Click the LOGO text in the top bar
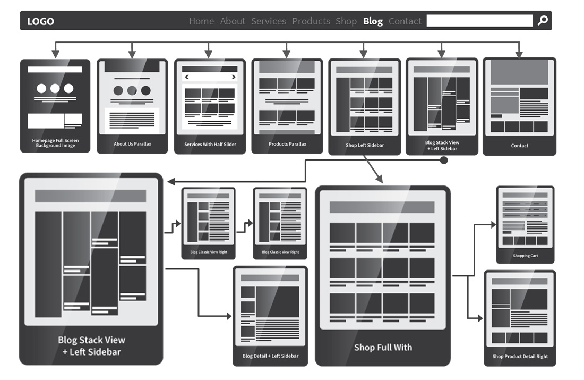coord(40,21)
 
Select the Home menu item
coord(201,21)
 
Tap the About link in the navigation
coord(233,21)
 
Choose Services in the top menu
coord(268,21)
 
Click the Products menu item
coord(311,21)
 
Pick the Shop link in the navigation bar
coord(346,21)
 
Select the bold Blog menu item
coord(373,21)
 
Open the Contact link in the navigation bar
coord(405,21)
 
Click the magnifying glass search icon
coord(542,21)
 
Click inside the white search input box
coord(479,21)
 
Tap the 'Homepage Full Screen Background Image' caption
coord(55,143)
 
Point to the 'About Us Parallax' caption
coord(132,144)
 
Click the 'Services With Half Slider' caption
coord(210,145)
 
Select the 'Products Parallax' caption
coord(287,144)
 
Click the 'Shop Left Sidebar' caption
coord(365,145)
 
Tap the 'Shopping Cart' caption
coord(525,256)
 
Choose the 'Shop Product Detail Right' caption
coord(520,357)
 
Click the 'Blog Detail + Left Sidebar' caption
coord(270,356)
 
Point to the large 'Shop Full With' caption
coord(383,348)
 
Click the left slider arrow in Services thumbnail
coord(187,77)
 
